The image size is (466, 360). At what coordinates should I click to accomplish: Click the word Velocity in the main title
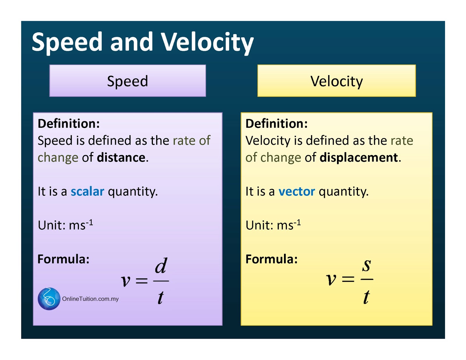(207, 42)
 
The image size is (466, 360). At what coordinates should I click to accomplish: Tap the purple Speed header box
(128, 81)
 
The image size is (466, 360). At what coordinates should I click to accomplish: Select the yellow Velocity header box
(336, 81)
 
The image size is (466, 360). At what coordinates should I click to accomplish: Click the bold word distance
(121, 158)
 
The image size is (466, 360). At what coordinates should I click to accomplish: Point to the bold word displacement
(359, 158)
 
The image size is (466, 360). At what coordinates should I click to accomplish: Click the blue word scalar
(87, 191)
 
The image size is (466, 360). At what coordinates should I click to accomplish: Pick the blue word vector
(296, 191)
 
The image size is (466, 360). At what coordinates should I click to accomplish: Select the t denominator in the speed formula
(160, 297)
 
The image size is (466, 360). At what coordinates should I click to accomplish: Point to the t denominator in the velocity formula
(366, 297)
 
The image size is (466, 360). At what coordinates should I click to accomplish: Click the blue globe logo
(49, 299)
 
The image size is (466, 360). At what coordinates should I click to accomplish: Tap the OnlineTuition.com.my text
(90, 299)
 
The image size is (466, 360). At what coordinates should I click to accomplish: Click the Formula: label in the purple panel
(63, 259)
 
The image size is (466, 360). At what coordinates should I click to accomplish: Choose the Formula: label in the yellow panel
(271, 259)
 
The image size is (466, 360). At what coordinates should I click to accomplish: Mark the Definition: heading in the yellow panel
(276, 124)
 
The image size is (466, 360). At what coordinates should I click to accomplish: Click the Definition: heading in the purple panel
(69, 124)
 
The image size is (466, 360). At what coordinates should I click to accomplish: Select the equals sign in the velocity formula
(348, 280)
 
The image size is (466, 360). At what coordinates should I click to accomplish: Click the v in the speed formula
(126, 281)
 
